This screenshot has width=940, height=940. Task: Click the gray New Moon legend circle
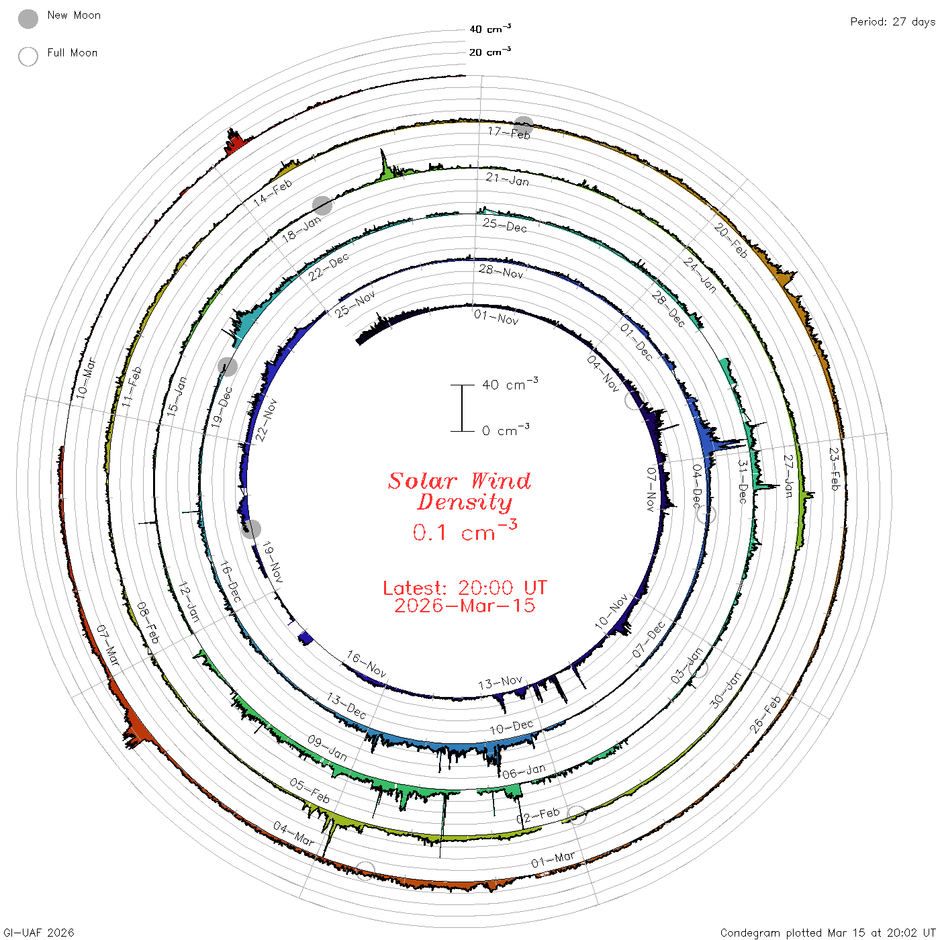tap(28, 19)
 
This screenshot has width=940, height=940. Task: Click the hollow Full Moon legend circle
tap(28, 56)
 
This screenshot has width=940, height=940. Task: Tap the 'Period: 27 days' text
tap(893, 22)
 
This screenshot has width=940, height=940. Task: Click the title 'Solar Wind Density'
tap(459, 491)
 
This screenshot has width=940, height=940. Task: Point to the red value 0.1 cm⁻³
tap(465, 531)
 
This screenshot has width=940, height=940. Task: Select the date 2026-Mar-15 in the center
tap(465, 606)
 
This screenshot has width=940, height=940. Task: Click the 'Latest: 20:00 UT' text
tap(465, 587)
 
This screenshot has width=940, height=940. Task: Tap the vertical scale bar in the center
tap(462, 408)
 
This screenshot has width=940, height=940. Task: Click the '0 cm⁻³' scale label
tap(506, 430)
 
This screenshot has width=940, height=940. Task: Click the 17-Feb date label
tap(509, 132)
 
